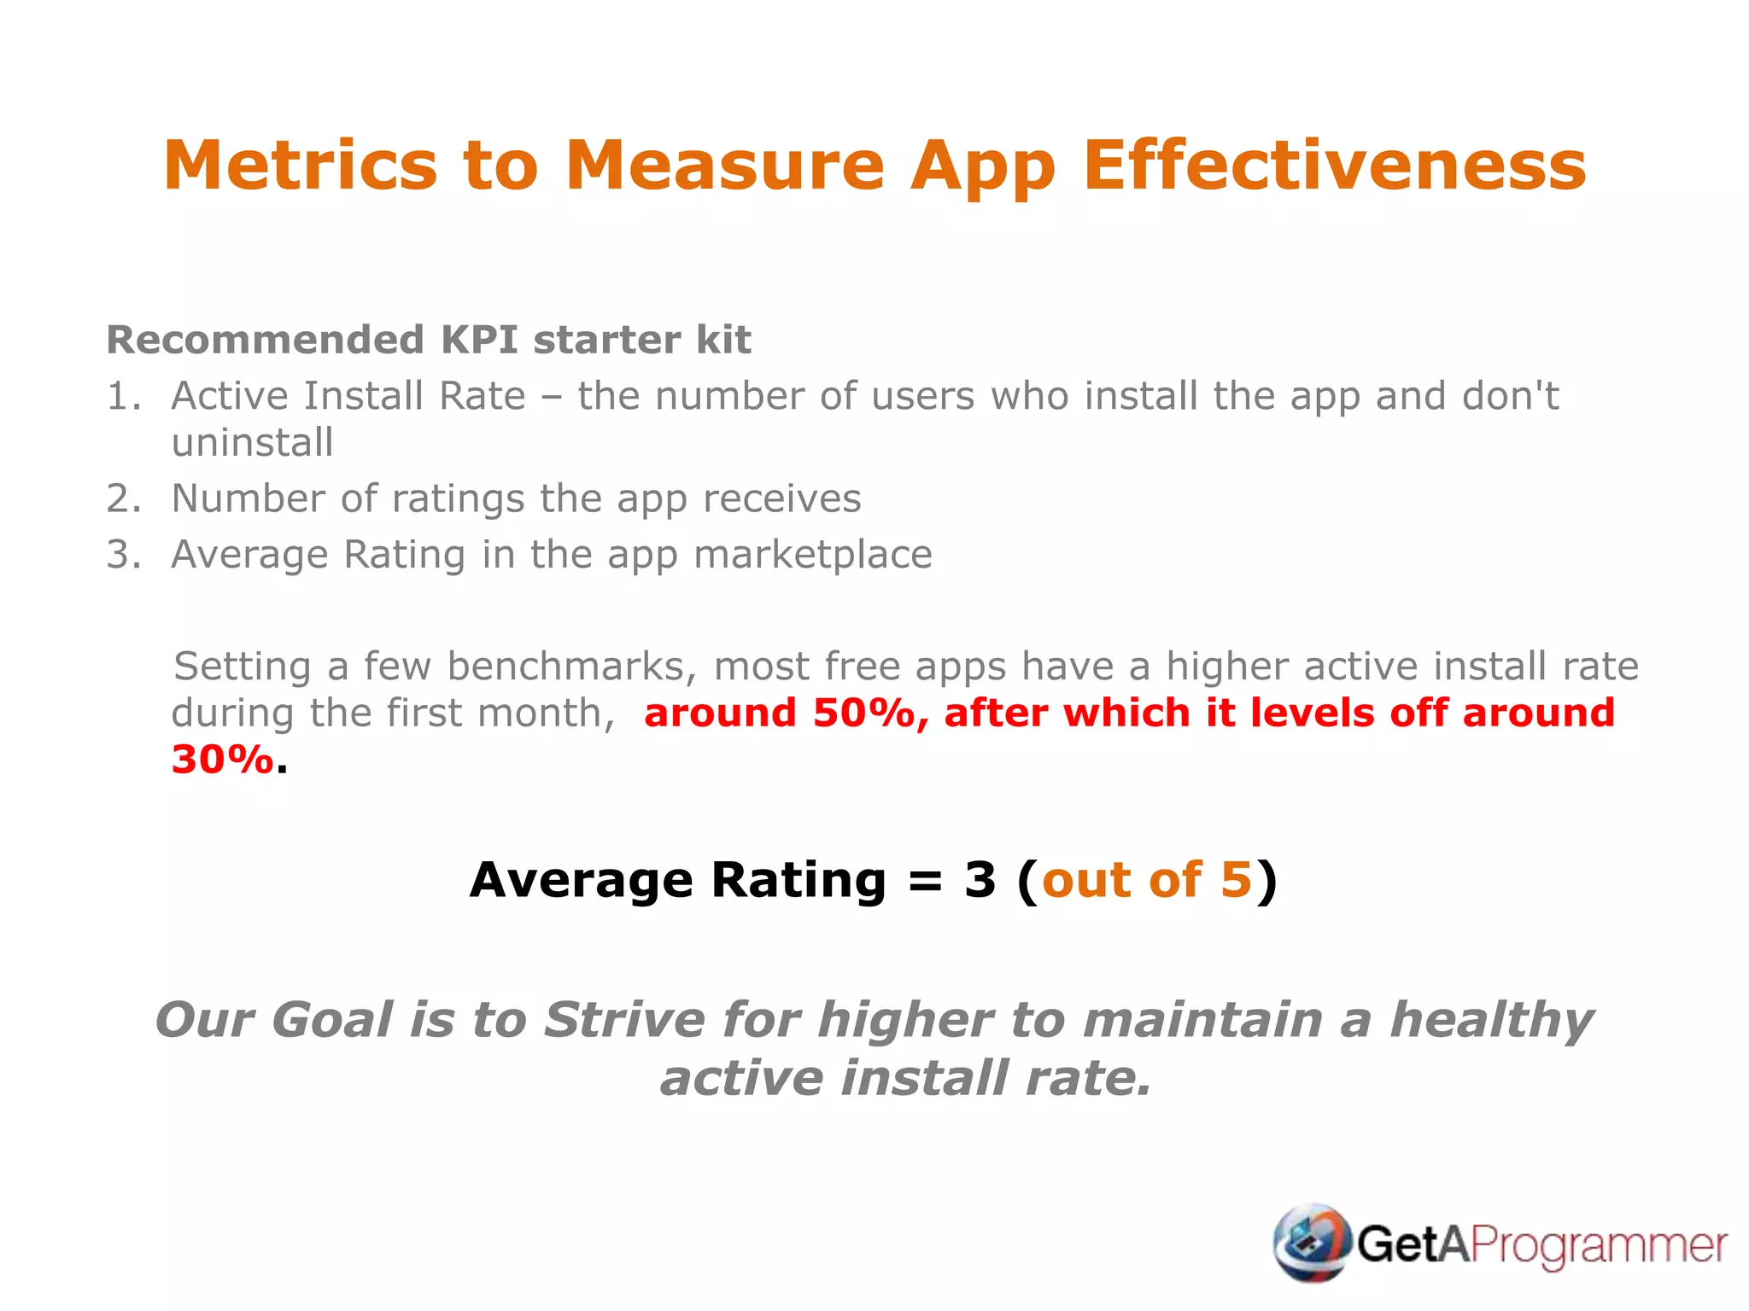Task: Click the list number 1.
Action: click(122, 397)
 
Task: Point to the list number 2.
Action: click(122, 498)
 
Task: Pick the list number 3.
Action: click(122, 555)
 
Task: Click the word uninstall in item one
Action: click(252, 443)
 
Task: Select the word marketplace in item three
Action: click(812, 555)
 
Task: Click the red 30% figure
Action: click(222, 760)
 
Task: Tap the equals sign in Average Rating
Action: click(925, 880)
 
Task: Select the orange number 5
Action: click(1236, 880)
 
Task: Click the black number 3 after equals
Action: click(980, 880)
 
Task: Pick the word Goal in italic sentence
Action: click(332, 1021)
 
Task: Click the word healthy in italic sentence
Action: click(1491, 1021)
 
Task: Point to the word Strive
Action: click(624, 1021)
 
